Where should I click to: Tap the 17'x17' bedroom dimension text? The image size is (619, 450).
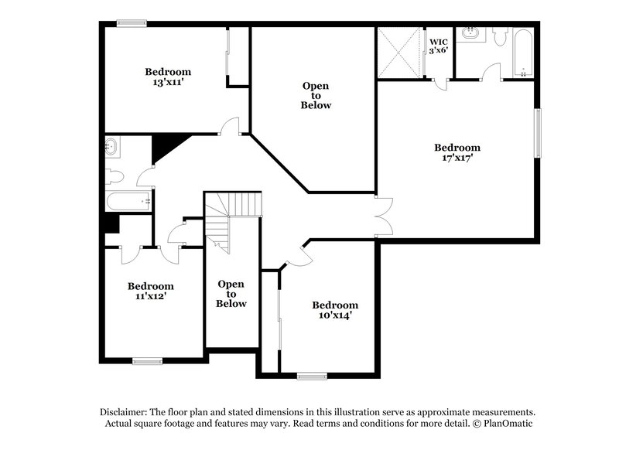457,158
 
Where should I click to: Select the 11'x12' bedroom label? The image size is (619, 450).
150,295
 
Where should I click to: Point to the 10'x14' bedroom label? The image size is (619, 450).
334,315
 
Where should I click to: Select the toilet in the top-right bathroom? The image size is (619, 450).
500,36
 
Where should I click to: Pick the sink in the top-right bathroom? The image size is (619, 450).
470,34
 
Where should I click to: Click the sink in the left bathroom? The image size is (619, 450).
111,145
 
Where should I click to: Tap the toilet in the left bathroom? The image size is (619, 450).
113,175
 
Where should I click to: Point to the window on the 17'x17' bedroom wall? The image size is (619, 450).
538,133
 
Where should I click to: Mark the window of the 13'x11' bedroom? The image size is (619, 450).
132,23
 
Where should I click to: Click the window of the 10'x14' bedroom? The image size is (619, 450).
313,377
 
